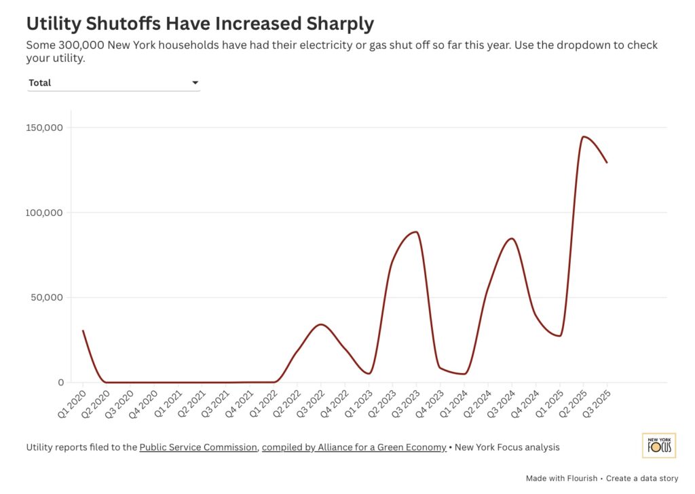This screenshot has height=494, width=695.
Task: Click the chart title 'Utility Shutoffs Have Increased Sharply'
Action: coord(200,24)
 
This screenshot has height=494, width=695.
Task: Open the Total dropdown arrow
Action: coord(195,83)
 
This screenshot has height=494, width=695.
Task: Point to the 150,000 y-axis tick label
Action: coord(43,128)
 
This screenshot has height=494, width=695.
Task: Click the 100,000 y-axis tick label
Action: coord(43,212)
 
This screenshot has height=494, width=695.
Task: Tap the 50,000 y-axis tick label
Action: coord(46,297)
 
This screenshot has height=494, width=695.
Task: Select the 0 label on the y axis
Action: coord(60,383)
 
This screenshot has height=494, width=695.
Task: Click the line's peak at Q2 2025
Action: coord(583,136)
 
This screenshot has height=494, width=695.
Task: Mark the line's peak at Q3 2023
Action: coord(416,232)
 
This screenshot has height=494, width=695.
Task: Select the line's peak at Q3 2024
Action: coord(512,238)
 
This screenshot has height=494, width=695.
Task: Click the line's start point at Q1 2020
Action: coord(83,330)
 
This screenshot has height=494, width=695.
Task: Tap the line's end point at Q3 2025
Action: coord(607,162)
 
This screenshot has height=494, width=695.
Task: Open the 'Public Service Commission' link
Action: coord(198,447)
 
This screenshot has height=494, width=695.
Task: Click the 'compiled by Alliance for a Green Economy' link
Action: coord(354,447)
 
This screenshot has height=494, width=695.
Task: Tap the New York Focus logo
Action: coord(658,445)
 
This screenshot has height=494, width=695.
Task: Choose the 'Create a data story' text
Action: coord(641,478)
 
